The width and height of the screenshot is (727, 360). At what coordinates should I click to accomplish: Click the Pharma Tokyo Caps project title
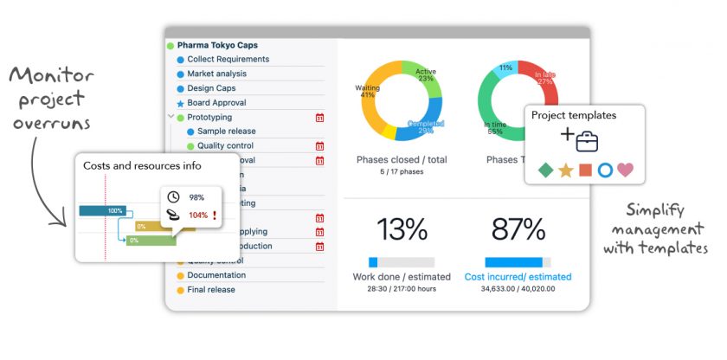pos(217,45)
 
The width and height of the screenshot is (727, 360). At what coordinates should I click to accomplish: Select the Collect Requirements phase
pos(228,60)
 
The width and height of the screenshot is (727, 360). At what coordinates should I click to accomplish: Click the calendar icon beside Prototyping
pos(319,118)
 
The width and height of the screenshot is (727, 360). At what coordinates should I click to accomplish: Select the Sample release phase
pos(226,132)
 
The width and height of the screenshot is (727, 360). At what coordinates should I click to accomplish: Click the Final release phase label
pos(210,290)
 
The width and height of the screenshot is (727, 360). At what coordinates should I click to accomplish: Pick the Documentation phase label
pos(216,275)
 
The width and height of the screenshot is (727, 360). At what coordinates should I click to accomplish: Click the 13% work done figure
pos(402,229)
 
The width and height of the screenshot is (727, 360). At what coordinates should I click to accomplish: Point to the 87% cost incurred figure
pos(518,229)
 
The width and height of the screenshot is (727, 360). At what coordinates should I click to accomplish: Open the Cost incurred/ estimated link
pos(518,277)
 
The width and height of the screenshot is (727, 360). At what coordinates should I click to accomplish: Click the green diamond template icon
pos(544,170)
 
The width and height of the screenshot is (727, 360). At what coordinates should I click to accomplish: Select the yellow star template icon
pos(565,170)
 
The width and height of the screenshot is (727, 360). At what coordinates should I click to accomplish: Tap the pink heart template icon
pos(625,170)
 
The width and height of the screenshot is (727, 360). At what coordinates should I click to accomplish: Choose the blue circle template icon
pos(605,170)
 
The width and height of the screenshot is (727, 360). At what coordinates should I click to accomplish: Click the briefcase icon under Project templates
pos(588,140)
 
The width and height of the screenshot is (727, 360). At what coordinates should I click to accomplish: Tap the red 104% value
pos(198,215)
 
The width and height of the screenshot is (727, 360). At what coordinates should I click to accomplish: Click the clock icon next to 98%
pos(173,197)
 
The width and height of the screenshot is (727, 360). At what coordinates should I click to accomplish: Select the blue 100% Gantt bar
pos(102,210)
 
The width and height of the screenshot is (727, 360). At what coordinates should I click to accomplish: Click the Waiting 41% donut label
pos(368,92)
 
